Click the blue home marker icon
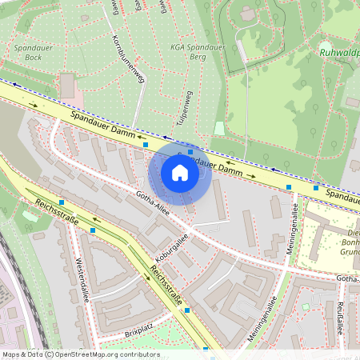pyautogui.click(x=180, y=172)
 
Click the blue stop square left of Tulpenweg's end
pyautogui.click(x=146, y=145)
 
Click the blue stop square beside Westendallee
pyautogui.click(x=94, y=230)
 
